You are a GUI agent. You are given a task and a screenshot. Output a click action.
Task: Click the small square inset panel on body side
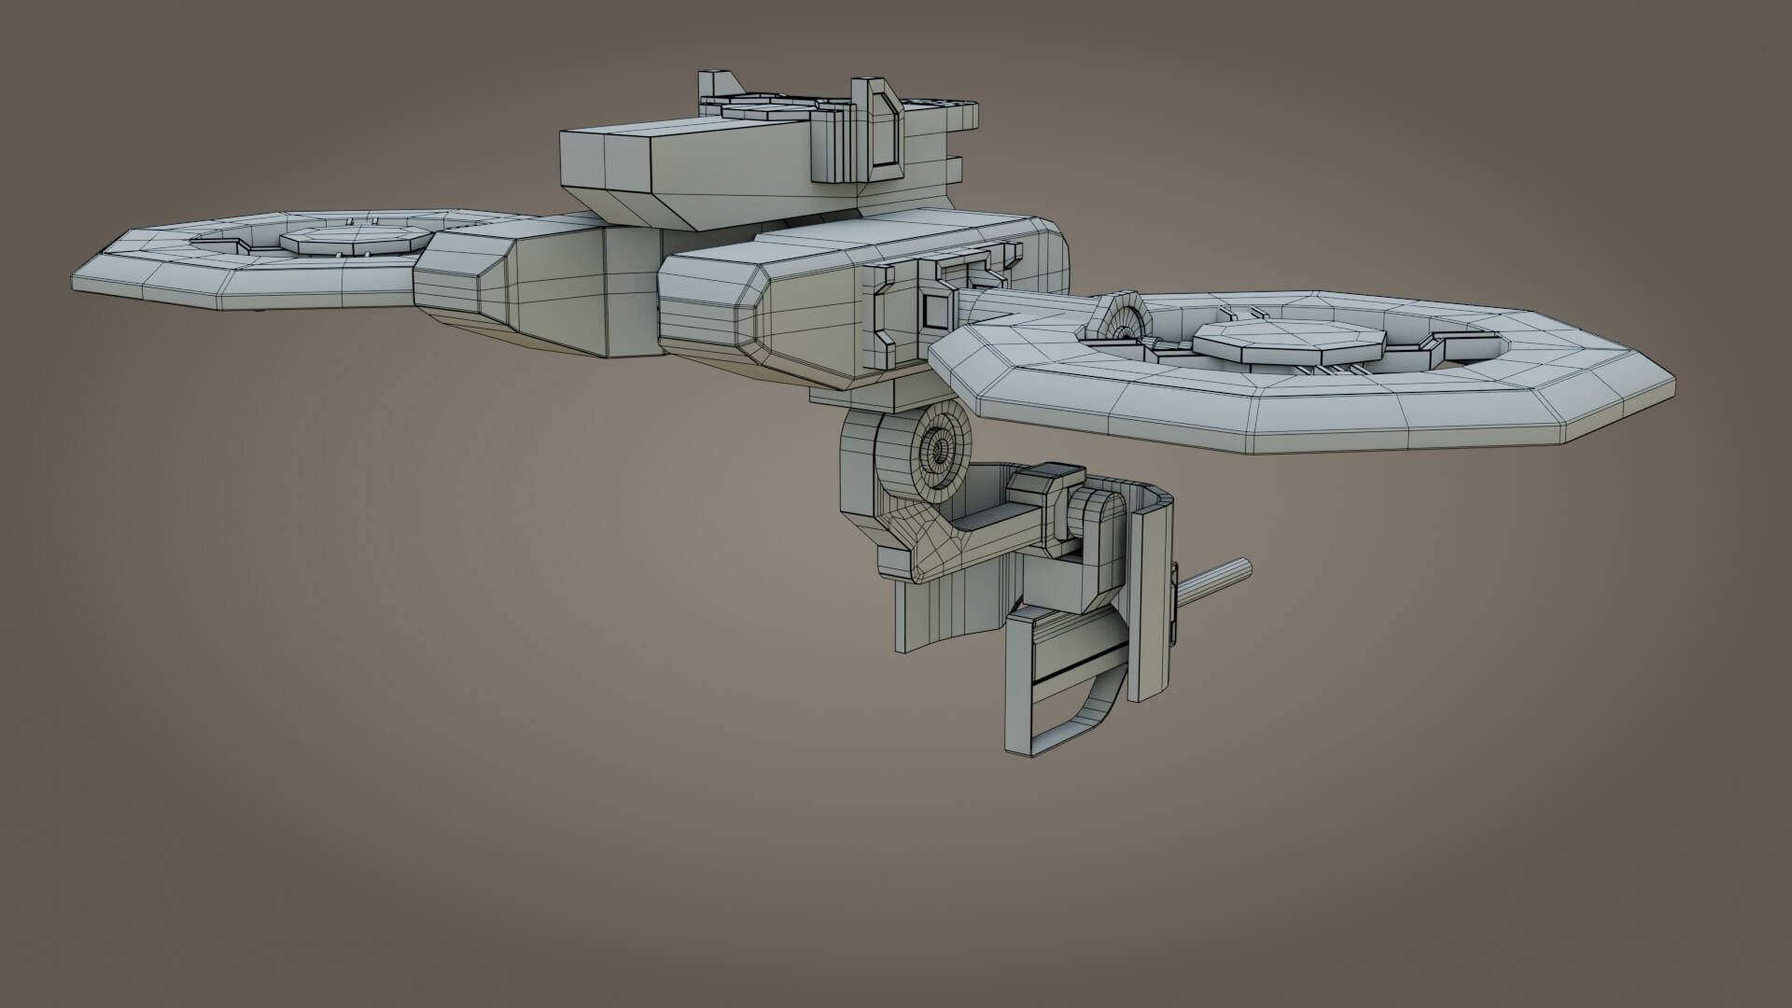click(x=933, y=308)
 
